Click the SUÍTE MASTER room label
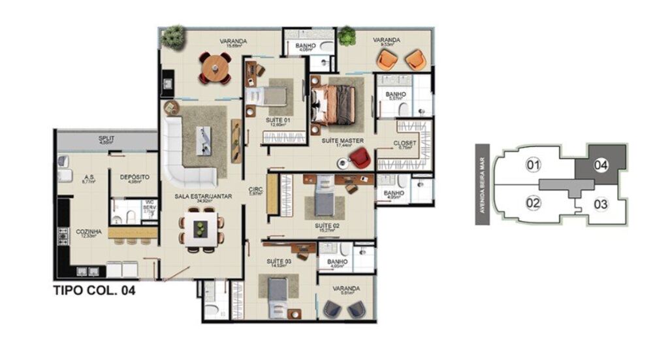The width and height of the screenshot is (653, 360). [342, 140]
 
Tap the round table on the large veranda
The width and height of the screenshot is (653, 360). [215, 67]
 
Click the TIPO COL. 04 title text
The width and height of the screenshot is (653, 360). [93, 292]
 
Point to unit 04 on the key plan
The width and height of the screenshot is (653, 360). [601, 165]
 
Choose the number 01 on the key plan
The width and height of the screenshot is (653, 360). [534, 165]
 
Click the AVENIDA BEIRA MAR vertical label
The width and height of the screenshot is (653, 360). [483, 184]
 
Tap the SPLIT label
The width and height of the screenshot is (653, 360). [106, 139]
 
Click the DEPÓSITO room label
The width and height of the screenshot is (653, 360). [135, 177]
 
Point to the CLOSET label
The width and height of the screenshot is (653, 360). [406, 144]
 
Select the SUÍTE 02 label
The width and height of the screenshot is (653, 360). [326, 226]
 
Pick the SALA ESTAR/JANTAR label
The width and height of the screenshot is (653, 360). [197, 196]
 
